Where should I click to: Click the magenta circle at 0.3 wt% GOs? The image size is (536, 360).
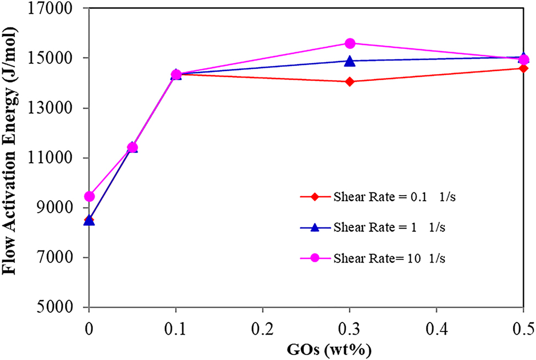(x=350, y=43)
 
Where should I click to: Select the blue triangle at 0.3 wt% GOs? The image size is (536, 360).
(x=350, y=61)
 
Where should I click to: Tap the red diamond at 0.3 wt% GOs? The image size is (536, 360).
(x=350, y=82)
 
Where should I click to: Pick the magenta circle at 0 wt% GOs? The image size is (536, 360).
(x=89, y=196)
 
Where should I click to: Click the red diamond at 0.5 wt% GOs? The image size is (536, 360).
(x=523, y=68)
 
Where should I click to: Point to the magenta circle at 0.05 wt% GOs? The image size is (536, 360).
(x=132, y=147)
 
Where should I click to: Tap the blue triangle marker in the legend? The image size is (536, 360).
(x=315, y=227)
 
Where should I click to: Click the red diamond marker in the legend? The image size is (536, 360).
(x=315, y=197)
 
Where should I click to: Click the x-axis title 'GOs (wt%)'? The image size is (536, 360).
(x=307, y=348)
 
